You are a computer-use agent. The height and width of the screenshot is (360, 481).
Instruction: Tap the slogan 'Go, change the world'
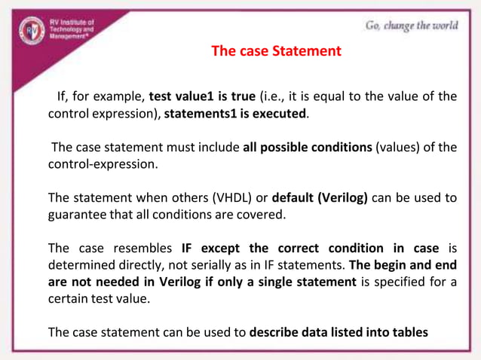[x=411, y=25]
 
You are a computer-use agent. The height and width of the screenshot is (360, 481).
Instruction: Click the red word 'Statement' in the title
[x=307, y=51]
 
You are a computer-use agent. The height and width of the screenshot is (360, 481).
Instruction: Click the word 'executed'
[x=283, y=114]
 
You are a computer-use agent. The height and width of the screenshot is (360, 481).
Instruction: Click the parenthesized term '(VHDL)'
[x=228, y=198]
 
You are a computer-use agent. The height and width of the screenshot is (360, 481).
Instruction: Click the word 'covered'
[x=261, y=215]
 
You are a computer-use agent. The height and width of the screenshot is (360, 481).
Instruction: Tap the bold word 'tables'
[x=408, y=331]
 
